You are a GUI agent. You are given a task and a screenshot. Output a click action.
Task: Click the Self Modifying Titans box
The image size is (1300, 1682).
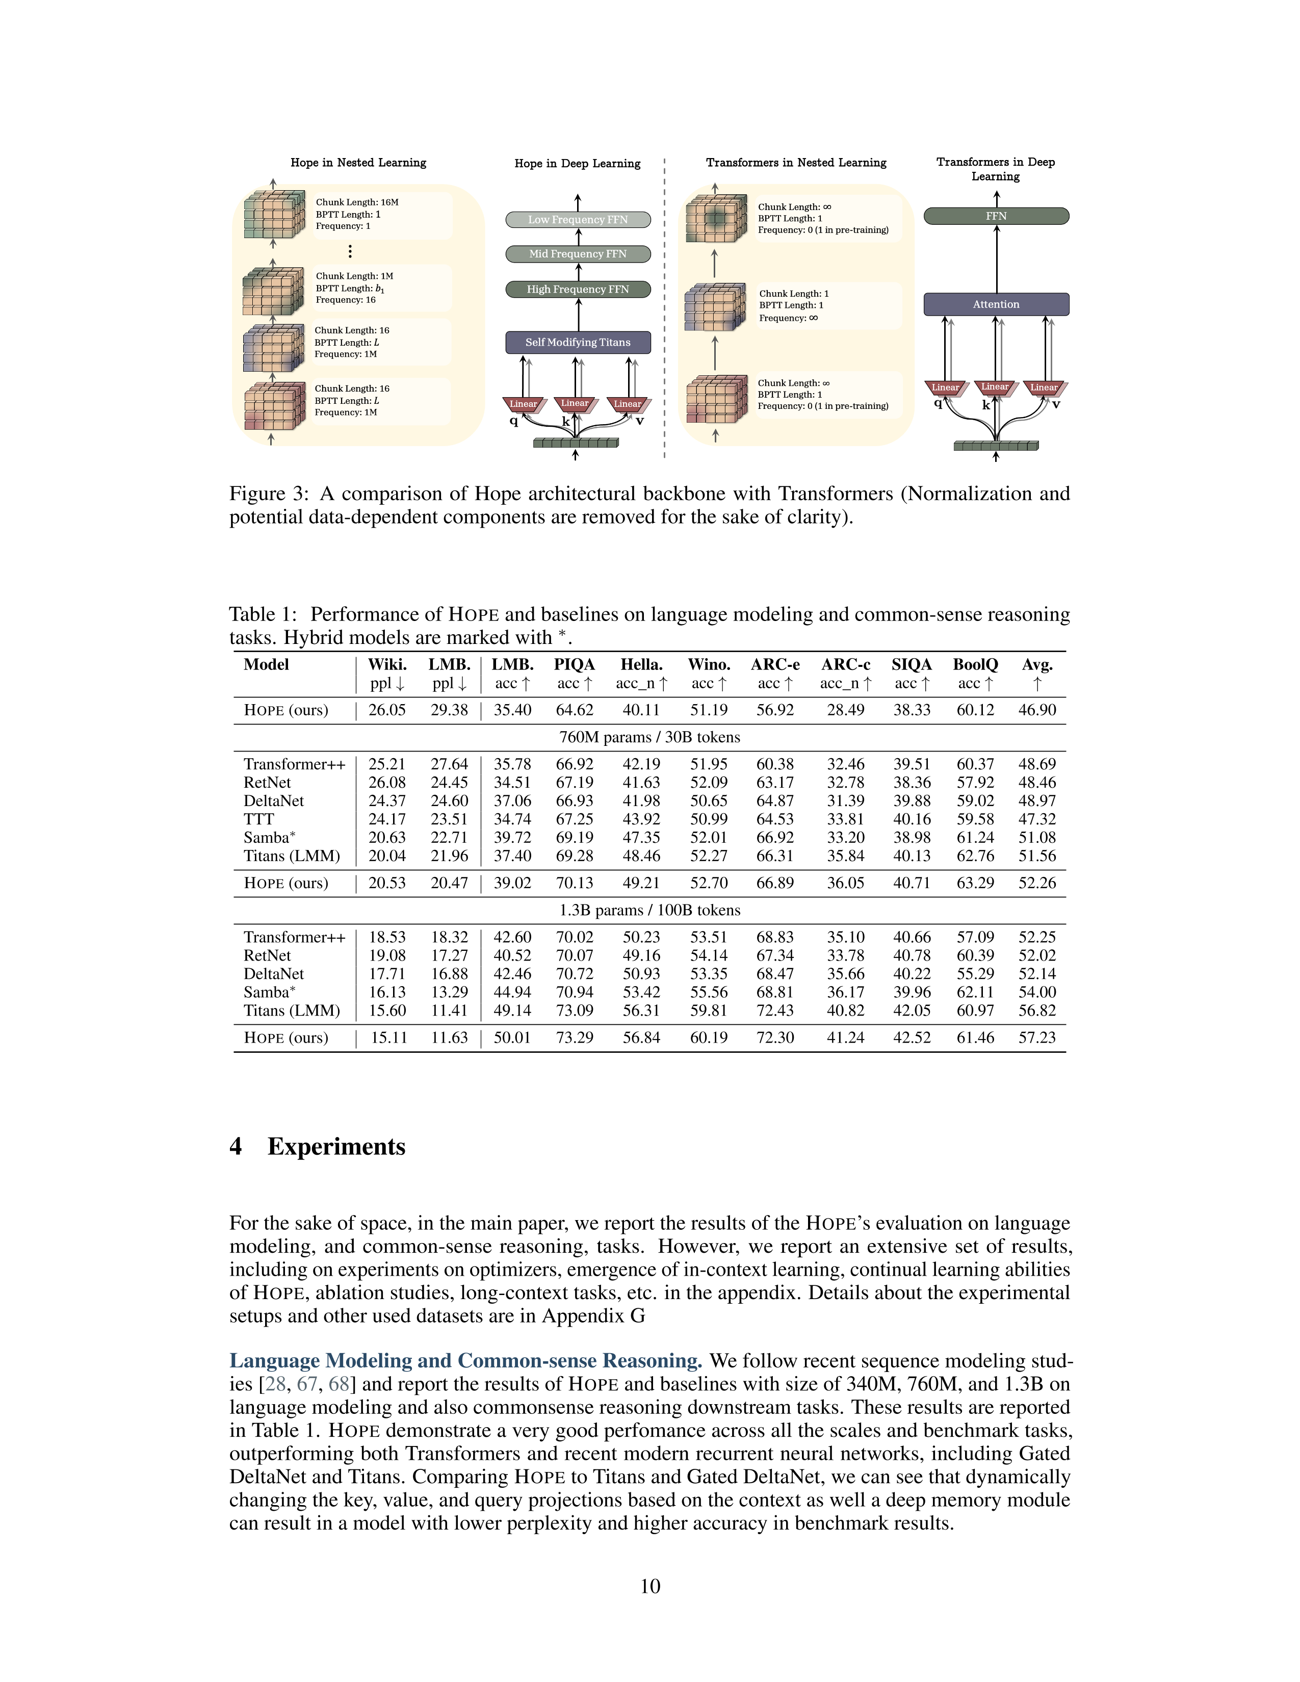[578, 342]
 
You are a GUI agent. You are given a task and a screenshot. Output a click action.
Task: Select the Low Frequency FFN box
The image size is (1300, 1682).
[578, 220]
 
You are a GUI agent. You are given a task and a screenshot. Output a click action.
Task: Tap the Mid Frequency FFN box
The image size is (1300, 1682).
[578, 253]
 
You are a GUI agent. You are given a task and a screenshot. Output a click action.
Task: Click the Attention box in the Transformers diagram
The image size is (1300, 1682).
[996, 304]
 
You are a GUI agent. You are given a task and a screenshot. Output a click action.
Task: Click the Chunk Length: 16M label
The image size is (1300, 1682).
[356, 202]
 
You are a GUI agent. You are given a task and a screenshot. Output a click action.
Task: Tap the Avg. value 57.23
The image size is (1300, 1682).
[1036, 1038]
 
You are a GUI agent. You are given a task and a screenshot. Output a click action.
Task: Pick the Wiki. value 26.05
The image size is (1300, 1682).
[386, 710]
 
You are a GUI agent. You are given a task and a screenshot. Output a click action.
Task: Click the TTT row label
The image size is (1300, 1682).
[259, 819]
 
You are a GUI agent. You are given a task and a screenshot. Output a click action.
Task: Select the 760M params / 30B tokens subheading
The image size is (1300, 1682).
[649, 737]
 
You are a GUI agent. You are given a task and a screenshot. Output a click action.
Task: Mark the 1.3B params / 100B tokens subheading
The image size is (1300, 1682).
[649, 910]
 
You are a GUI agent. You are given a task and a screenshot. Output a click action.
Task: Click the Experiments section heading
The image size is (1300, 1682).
[336, 1146]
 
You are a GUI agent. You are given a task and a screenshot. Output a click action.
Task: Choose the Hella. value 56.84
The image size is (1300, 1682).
[641, 1038]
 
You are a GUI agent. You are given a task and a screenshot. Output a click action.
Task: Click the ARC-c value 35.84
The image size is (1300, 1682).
[846, 856]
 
